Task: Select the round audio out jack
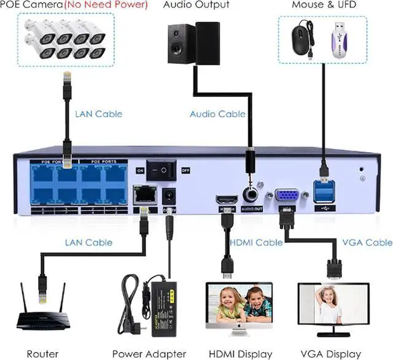tap(250, 196)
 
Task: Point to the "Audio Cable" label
tap(217, 114)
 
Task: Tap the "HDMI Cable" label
tap(256, 242)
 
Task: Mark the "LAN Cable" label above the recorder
tap(98, 113)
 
